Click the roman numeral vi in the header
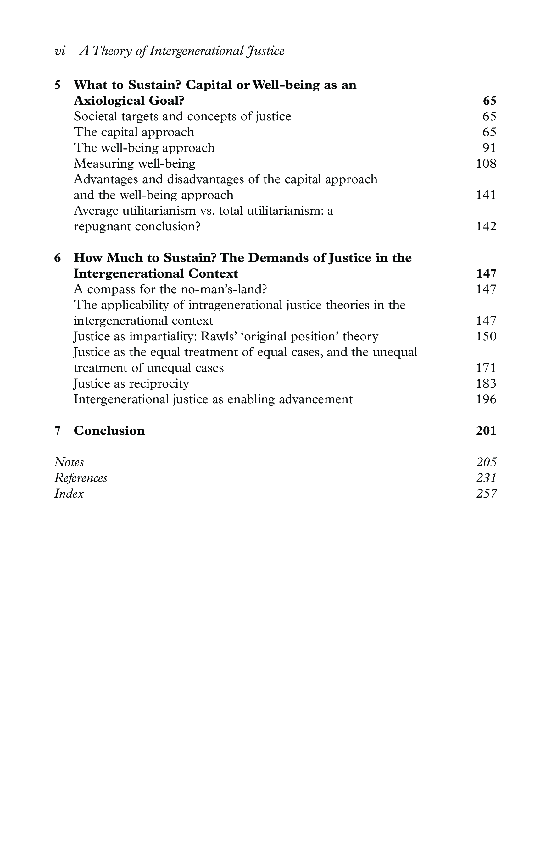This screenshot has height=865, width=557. (x=60, y=51)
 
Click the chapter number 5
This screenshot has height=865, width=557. (x=58, y=85)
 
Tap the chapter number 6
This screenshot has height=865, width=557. (x=58, y=258)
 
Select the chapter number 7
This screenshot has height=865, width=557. (x=58, y=431)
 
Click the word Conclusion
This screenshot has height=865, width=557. (x=109, y=431)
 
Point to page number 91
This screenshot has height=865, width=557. (x=489, y=148)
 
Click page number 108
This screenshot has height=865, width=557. (x=486, y=164)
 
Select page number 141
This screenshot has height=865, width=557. (x=486, y=195)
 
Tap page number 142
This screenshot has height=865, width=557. (x=486, y=227)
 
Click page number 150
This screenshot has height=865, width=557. (x=486, y=337)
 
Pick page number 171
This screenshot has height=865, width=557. (x=486, y=368)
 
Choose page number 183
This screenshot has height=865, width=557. (x=486, y=383)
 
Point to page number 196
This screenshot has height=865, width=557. (x=486, y=399)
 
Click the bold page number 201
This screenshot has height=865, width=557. (x=486, y=431)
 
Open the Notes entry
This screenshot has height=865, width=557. (x=69, y=462)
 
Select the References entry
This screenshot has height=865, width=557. (x=81, y=478)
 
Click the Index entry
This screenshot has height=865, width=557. (x=69, y=494)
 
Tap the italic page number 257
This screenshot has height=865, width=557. (x=487, y=494)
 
